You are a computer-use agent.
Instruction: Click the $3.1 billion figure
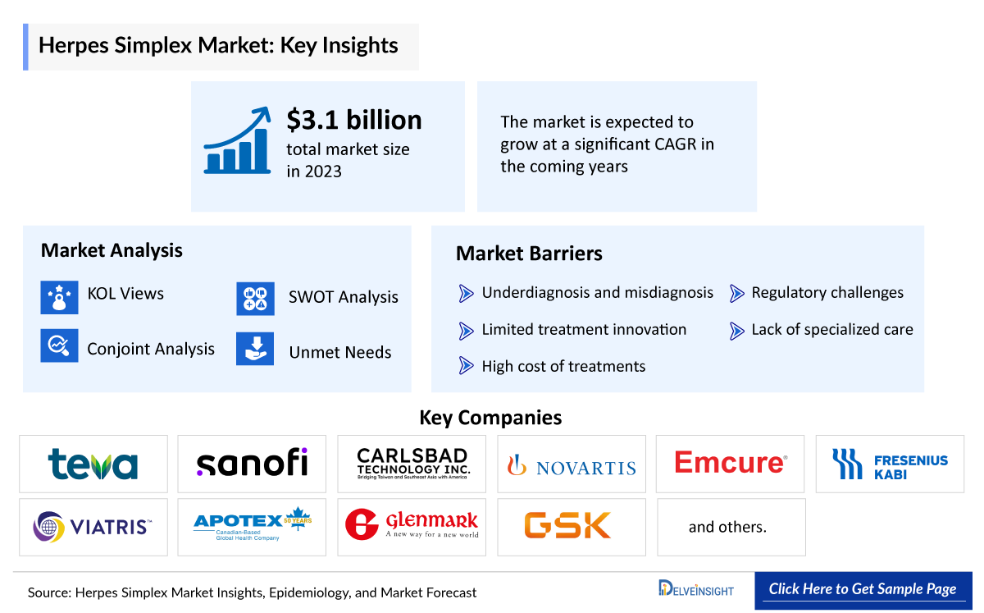pyautogui.click(x=353, y=121)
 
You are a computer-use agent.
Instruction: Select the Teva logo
pyautogui.click(x=93, y=464)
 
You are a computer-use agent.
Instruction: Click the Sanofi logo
pyautogui.click(x=252, y=464)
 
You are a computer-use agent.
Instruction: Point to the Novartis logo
pyautogui.click(x=572, y=466)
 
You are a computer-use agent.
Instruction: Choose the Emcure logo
pyautogui.click(x=731, y=463)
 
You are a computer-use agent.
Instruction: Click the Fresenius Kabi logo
pyautogui.click(x=890, y=464)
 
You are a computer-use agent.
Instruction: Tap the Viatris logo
pyautogui.click(x=93, y=526)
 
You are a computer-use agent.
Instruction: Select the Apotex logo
pyautogui.click(x=252, y=526)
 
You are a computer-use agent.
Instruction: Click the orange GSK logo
pyautogui.click(x=567, y=525)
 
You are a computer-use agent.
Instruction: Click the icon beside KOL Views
pyautogui.click(x=59, y=297)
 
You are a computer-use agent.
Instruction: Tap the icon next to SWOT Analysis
pyautogui.click(x=255, y=300)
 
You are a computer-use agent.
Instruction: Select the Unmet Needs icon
pyautogui.click(x=255, y=349)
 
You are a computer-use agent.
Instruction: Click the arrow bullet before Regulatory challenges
pyautogui.click(x=736, y=293)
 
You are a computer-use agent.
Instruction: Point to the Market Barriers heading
pyautogui.click(x=529, y=254)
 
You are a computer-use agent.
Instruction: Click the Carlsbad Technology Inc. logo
pyautogui.click(x=412, y=464)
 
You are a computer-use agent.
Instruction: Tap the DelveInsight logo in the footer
pyautogui.click(x=695, y=589)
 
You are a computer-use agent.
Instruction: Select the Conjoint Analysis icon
pyautogui.click(x=59, y=345)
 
